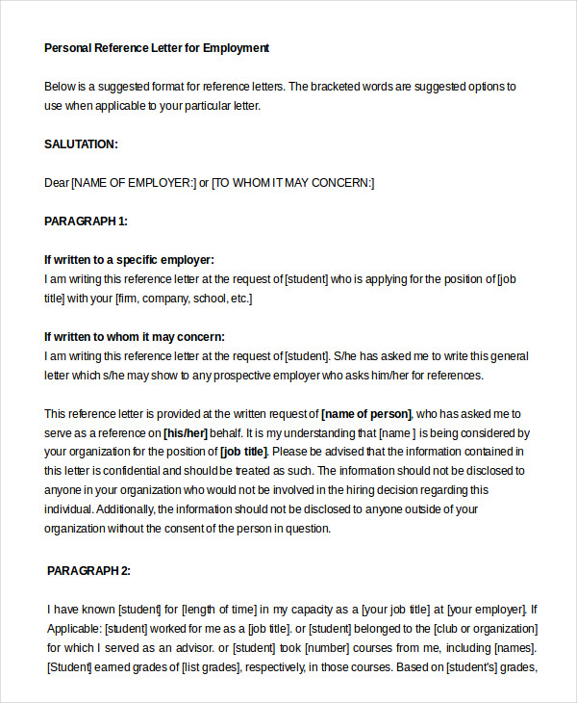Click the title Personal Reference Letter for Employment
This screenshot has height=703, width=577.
[x=157, y=47]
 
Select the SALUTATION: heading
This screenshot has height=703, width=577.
[x=81, y=144]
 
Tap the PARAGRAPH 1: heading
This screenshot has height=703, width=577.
[x=86, y=221]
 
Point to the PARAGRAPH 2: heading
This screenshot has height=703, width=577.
[x=88, y=570]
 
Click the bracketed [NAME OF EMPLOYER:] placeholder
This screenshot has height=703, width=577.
[x=134, y=183]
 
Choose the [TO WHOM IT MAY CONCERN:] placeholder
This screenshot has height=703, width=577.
[x=293, y=183]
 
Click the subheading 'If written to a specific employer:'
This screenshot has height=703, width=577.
[x=129, y=260]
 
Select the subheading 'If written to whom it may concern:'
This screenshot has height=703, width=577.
[x=134, y=336]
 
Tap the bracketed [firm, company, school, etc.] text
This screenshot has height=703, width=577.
[x=183, y=299]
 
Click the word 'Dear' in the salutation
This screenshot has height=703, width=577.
[x=57, y=183]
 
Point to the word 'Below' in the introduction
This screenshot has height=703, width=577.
[x=60, y=87]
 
